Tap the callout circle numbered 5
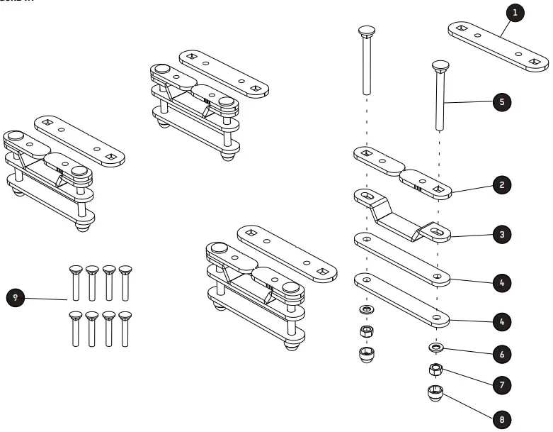click(501, 102)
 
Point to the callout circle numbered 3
click(501, 234)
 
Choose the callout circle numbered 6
click(501, 353)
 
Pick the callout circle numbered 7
click(501, 384)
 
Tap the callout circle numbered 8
click(501, 419)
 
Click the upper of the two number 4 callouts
click(501, 283)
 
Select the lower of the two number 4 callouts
click(501, 322)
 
